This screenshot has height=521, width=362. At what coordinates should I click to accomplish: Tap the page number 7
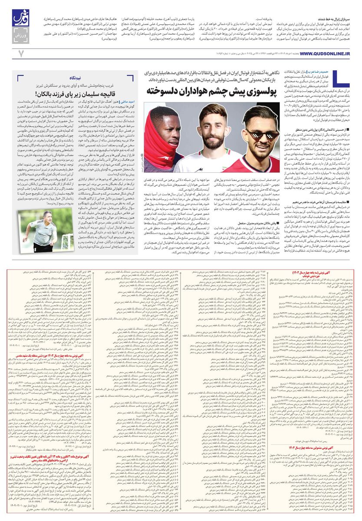click(x=20, y=53)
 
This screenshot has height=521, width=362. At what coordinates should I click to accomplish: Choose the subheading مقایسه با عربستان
click(x=319, y=201)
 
